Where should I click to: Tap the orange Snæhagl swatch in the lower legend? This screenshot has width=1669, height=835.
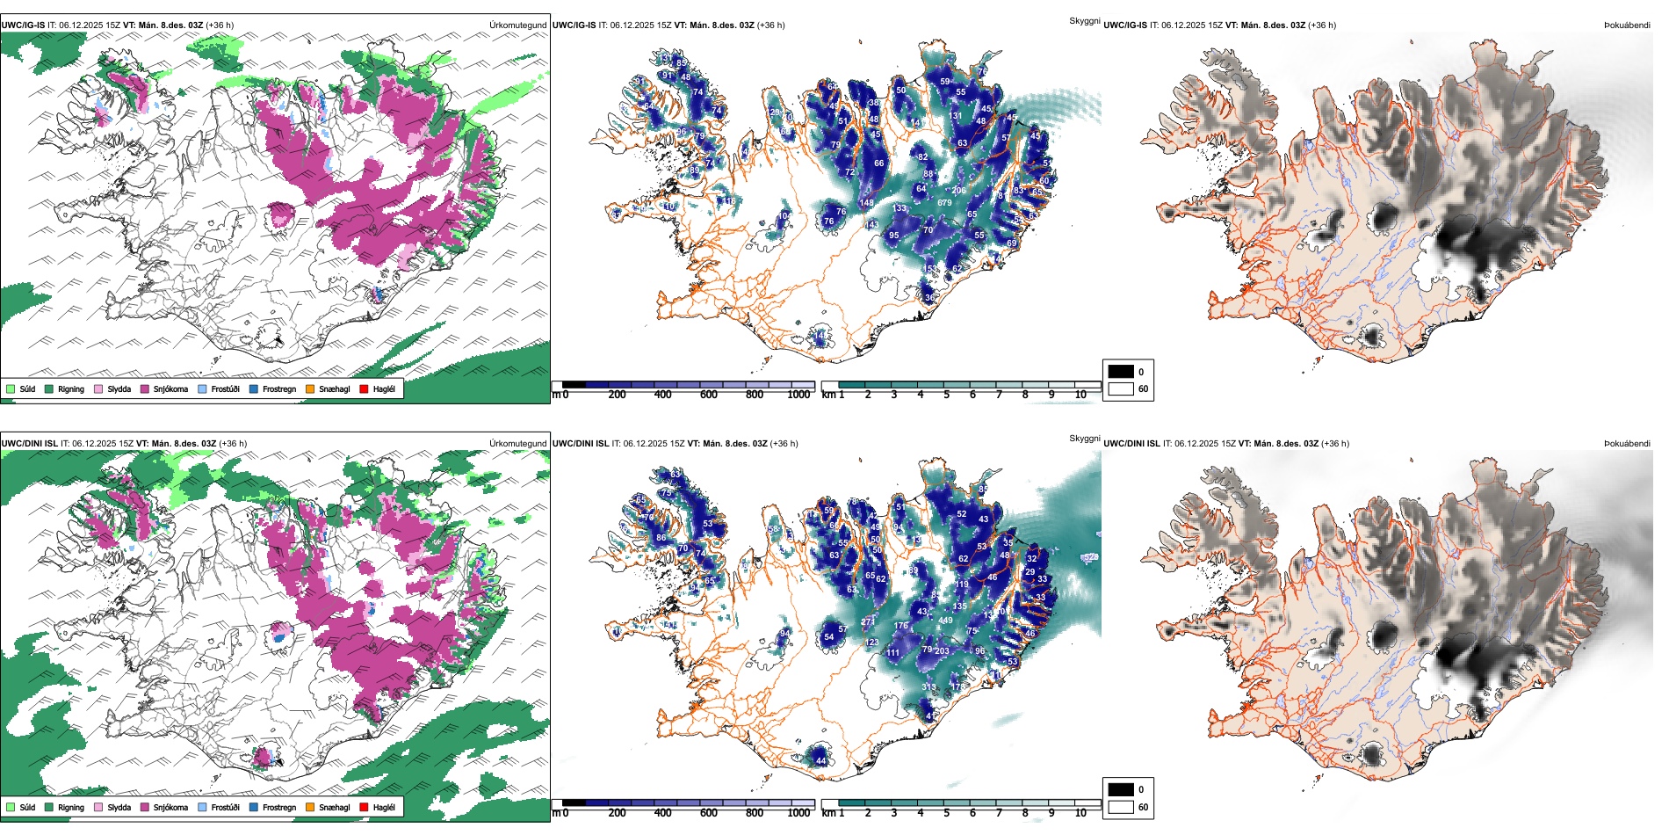[310, 807]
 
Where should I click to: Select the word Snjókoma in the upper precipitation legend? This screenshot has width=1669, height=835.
[170, 388]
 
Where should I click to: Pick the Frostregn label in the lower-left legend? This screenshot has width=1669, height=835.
[278, 807]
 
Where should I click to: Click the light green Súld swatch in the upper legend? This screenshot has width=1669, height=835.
[11, 388]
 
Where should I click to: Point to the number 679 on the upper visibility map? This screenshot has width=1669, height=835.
[944, 203]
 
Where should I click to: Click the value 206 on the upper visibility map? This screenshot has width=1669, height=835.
[958, 190]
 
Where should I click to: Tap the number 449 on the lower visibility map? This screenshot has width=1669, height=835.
[945, 621]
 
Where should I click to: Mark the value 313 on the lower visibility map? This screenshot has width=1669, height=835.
[928, 687]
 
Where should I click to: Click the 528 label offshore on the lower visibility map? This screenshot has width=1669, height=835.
[1090, 557]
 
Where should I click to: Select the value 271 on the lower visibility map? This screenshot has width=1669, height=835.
[868, 621]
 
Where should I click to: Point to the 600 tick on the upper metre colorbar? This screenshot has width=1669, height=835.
[709, 395]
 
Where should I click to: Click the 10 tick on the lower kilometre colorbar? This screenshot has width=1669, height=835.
[1080, 813]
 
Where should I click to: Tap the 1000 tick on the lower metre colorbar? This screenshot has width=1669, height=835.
[798, 813]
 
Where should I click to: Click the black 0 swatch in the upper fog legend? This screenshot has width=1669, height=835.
[1121, 371]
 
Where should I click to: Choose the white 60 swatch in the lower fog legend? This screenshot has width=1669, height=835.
[1121, 806]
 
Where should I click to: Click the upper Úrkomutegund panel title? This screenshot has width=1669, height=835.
[517, 25]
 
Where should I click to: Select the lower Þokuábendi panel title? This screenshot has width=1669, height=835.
[1627, 443]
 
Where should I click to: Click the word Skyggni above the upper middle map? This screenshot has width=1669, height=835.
[1084, 20]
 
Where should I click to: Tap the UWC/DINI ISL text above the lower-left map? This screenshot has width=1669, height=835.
[29, 443]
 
